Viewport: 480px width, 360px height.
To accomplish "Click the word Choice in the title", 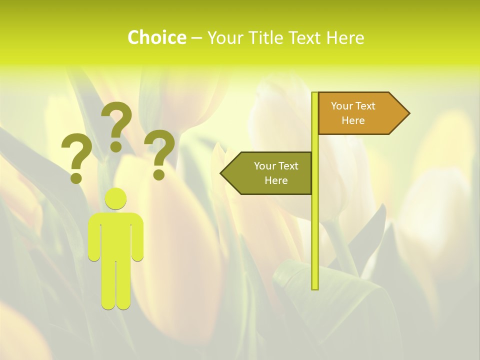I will pyautogui.click(x=156, y=37).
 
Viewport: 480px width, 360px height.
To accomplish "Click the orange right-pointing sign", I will pyautogui.click(x=360, y=113).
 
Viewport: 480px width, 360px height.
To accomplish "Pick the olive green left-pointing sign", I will pyautogui.click(x=270, y=173).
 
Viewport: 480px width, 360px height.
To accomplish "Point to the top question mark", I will pyautogui.click(x=116, y=125).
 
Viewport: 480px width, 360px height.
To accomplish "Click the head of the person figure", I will pyautogui.click(x=115, y=198).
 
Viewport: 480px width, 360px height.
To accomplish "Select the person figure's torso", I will pyautogui.click(x=115, y=235).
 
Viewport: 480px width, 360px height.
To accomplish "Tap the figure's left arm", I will pyautogui.click(x=94, y=240).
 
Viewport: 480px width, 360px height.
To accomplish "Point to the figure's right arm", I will pyautogui.click(x=137, y=240).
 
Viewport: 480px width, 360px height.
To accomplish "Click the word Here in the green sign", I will pyautogui.click(x=276, y=180).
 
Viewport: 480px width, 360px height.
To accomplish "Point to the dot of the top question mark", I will pyautogui.click(x=116, y=146).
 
